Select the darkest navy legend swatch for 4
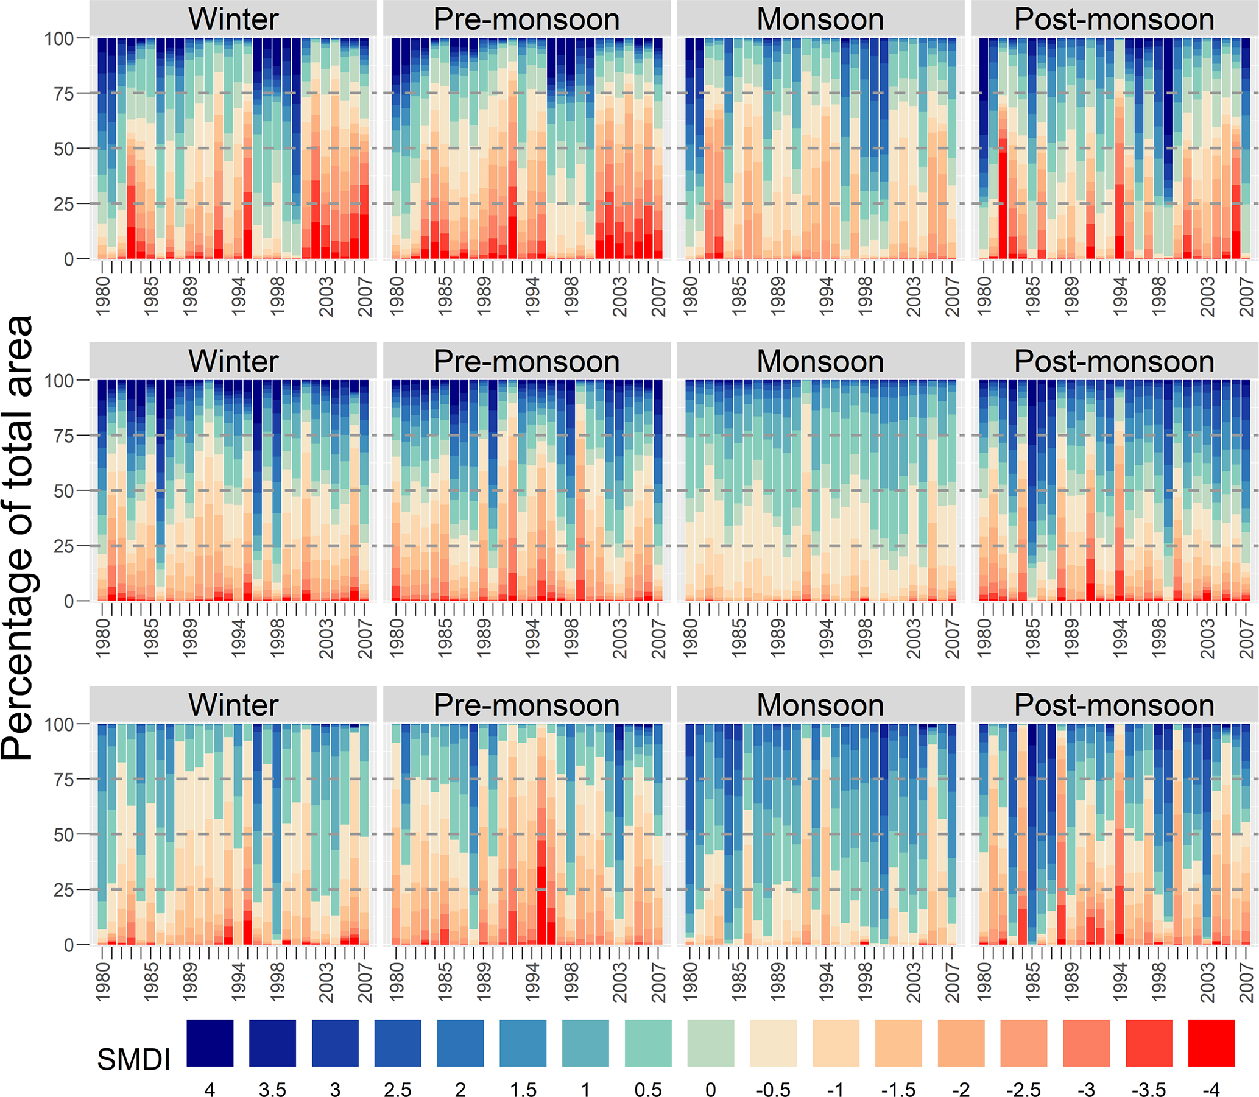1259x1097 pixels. click(x=210, y=1043)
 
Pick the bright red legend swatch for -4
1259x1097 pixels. click(x=1211, y=1043)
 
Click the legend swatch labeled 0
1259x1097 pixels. click(x=711, y=1043)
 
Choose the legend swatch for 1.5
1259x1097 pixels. click(x=523, y=1043)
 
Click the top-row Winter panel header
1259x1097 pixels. click(x=233, y=19)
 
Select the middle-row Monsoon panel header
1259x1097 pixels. click(x=820, y=361)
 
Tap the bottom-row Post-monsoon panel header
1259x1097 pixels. click(x=1114, y=705)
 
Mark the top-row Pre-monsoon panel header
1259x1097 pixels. click(x=526, y=19)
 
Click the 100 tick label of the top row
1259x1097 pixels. click(x=58, y=38)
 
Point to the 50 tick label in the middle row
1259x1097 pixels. click(x=64, y=491)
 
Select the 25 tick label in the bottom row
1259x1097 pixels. click(x=64, y=890)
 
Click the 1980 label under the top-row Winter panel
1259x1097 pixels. click(x=104, y=296)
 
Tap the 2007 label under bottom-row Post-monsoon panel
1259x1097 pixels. click(x=1247, y=982)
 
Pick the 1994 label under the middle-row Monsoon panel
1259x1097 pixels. click(x=827, y=638)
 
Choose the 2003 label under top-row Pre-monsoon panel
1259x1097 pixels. click(x=620, y=296)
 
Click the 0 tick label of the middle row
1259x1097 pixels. click(x=69, y=601)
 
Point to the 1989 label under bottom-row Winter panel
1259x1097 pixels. click(x=191, y=982)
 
